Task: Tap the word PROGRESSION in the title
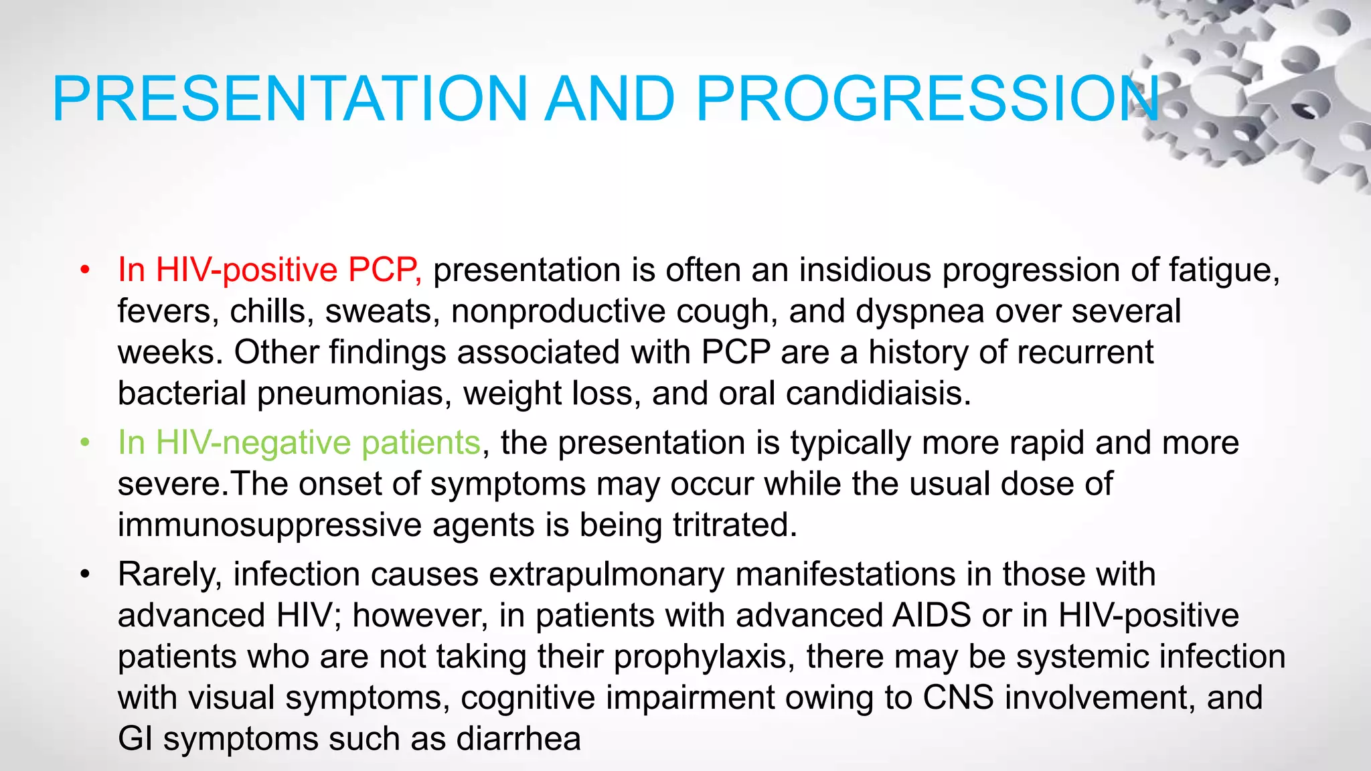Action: (927, 99)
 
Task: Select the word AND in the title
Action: (610, 99)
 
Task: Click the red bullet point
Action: (84, 270)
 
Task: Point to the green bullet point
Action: (84, 443)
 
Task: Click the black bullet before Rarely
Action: (84, 575)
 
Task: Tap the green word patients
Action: (420, 443)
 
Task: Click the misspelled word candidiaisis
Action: (878, 394)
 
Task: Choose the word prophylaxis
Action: (700, 657)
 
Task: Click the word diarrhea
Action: (518, 740)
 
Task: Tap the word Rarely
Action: (169, 575)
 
